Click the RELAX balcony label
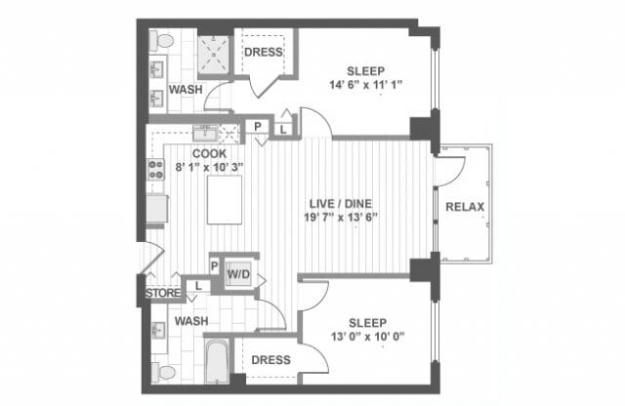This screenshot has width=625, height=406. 465,206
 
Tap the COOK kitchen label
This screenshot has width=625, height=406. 210,153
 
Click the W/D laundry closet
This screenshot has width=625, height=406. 238,276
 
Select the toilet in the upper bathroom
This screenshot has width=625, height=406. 162,42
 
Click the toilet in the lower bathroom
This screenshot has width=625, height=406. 162,372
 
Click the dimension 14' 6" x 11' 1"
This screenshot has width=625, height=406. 365,85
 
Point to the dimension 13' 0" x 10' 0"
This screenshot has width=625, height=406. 365,338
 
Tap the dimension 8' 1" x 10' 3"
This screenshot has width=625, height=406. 209,167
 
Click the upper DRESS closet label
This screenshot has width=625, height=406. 262,53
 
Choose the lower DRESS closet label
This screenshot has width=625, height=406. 271,360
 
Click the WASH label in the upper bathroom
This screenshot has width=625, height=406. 186,90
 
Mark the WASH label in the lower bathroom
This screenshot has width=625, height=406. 191,320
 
